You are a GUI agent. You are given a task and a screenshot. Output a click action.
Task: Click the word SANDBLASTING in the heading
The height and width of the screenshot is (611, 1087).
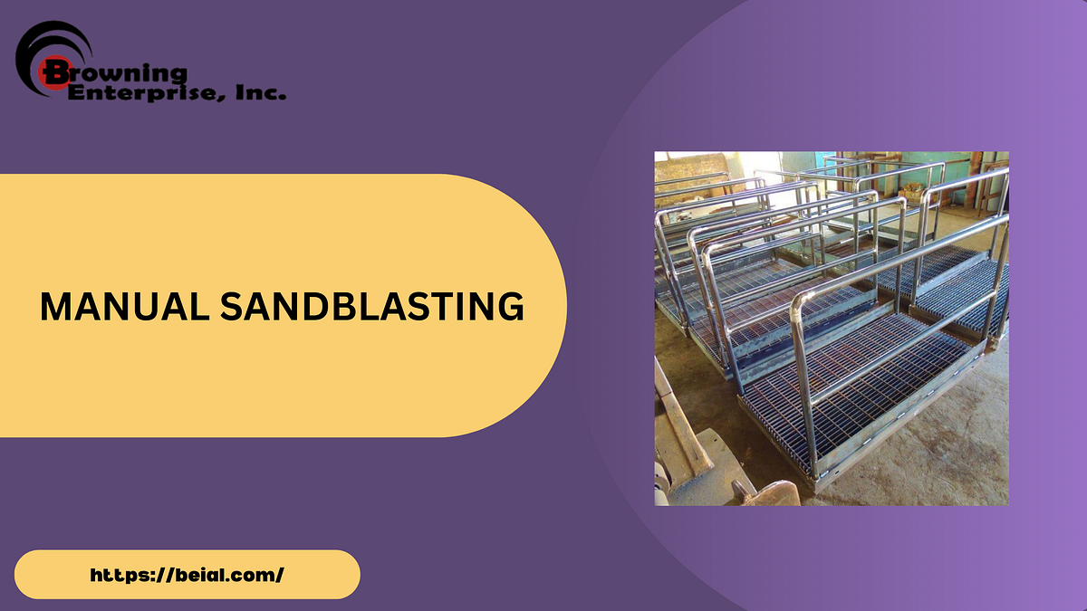[x=372, y=306]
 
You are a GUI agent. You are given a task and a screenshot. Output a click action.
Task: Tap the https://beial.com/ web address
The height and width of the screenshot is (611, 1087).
[x=188, y=575]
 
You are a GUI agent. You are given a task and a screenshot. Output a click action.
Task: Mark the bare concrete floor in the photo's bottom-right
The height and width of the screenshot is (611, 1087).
[x=960, y=453]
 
